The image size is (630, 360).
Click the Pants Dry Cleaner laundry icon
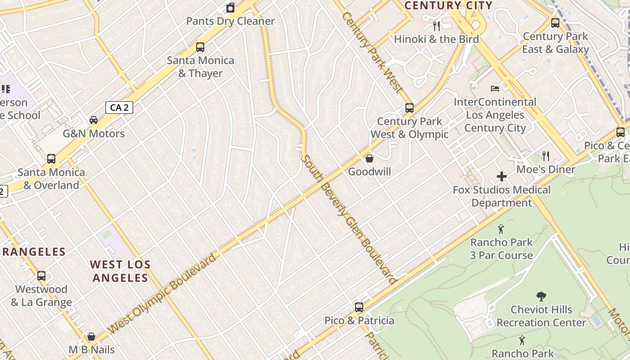pyautogui.click(x=230, y=8)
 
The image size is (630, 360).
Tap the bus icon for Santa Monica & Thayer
pyautogui.click(x=200, y=47)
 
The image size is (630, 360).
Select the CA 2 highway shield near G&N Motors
pyautogui.click(x=119, y=108)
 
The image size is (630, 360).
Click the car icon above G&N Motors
pyautogui.click(x=94, y=120)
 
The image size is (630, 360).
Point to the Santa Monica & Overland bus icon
pyautogui.click(x=51, y=158)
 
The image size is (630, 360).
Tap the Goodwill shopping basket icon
pyautogui.click(x=369, y=158)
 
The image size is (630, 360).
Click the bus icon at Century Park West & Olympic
pyautogui.click(x=409, y=108)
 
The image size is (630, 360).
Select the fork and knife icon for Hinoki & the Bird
pyautogui.click(x=436, y=26)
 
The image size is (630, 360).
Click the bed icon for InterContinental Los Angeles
pyautogui.click(x=495, y=89)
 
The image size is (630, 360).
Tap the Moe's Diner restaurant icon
pyautogui.click(x=546, y=156)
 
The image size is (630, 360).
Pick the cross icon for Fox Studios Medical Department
pyautogui.click(x=502, y=176)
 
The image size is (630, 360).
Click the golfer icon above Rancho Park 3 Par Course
pyautogui.click(x=501, y=229)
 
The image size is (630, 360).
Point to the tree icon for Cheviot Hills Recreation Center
pyautogui.click(x=541, y=297)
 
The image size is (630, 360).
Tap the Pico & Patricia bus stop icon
pyautogui.click(x=359, y=307)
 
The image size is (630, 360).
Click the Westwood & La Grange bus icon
pyautogui.click(x=41, y=276)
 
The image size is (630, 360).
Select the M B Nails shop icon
pyautogui.click(x=91, y=337)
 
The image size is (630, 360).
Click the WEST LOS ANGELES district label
pyautogui.click(x=120, y=271)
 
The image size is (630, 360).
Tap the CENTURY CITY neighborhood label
pyautogui.click(x=449, y=5)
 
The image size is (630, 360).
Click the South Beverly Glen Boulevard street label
pyautogui.click(x=349, y=219)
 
